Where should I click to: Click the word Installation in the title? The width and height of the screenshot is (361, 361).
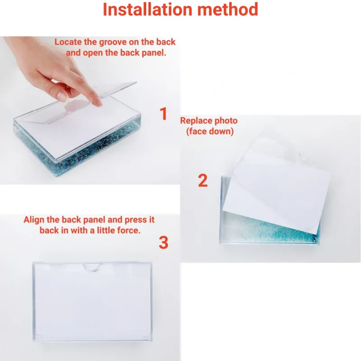point(148,9)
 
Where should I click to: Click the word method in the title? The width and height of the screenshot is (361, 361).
point(228,9)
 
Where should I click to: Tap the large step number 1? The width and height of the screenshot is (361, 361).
point(163,114)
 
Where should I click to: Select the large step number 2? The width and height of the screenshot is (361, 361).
point(203,180)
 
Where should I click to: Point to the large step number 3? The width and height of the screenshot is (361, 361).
point(163,242)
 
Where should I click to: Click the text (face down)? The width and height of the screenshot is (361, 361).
point(210,131)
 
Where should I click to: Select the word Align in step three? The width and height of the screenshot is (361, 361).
point(34,220)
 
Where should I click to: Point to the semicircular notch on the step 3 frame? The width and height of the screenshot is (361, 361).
point(92,267)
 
